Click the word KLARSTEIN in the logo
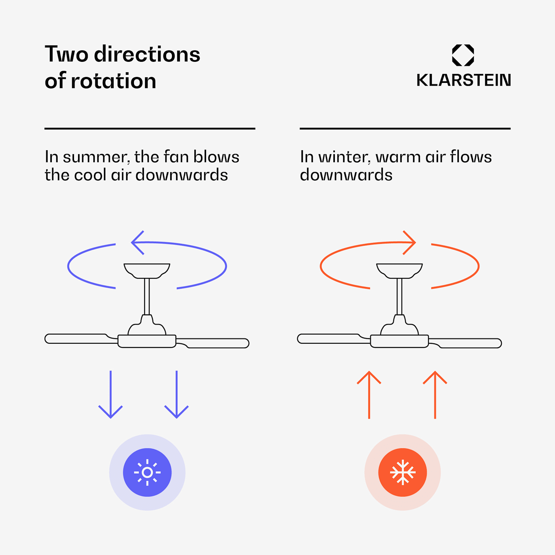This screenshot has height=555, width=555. point(464,80)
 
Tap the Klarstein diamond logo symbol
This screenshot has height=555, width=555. point(463,55)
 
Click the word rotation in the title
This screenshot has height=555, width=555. point(113,81)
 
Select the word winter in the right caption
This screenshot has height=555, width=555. point(344,157)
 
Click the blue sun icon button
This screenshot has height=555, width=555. point(147,472)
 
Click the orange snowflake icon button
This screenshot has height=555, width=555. point(403,472)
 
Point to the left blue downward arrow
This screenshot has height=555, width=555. point(110,394)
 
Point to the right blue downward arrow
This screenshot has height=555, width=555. point(176,394)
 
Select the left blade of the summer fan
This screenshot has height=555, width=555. point(76,339)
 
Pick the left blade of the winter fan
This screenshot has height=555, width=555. point(329,339)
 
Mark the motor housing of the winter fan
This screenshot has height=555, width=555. point(399,341)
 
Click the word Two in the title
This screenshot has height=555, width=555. point(67,54)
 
